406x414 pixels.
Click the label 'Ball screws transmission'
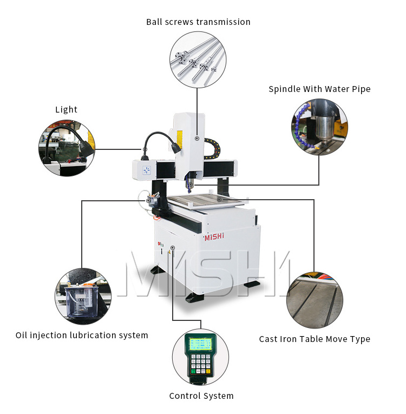click(198, 22)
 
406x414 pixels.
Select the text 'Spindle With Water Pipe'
click(319, 89)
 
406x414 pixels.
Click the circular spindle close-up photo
click(320, 126)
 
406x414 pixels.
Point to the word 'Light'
click(66, 109)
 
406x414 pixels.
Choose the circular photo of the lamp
click(67, 148)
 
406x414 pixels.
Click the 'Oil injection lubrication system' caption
click(82, 335)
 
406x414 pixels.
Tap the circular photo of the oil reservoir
click(83, 295)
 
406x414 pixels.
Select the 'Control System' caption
click(201, 396)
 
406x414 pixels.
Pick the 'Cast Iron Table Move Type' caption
click(315, 339)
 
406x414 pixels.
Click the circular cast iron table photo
click(315, 300)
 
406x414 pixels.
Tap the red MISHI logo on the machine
click(217, 237)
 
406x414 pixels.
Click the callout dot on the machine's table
click(219, 200)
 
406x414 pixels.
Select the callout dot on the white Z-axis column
click(197, 139)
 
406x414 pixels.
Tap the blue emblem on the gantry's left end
click(146, 170)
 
